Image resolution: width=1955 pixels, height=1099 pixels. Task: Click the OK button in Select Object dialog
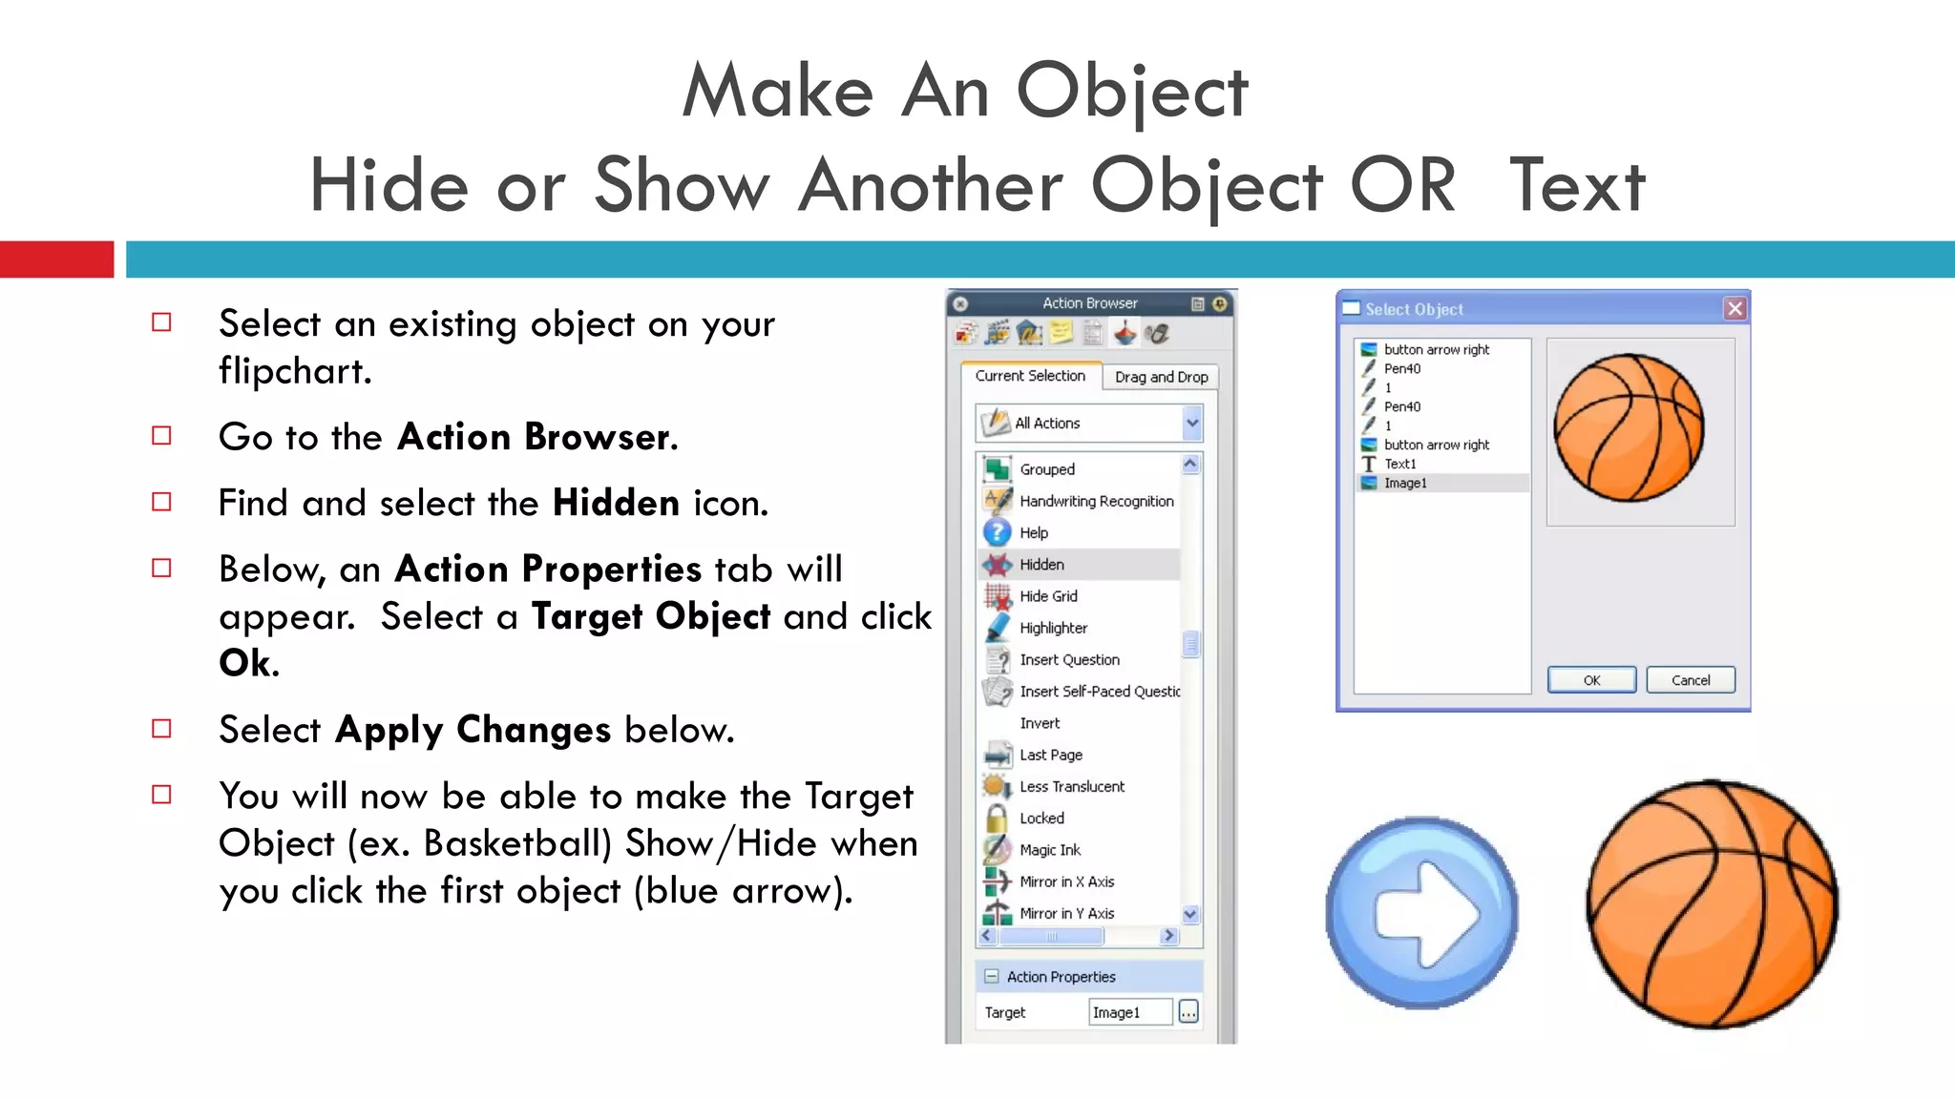[1591, 680]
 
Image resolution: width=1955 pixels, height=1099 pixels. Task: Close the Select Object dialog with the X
[1734, 308]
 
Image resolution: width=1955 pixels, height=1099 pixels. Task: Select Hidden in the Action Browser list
[1041, 565]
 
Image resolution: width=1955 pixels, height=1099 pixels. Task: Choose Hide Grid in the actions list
[1048, 596]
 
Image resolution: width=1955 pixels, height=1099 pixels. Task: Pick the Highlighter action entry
[1053, 628]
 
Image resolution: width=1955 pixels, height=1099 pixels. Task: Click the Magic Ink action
[1050, 850]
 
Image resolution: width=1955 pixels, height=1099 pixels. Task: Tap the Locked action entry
[1041, 819]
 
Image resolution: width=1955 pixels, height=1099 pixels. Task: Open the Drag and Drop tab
[1161, 377]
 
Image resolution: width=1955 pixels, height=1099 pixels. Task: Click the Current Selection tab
[1030, 376]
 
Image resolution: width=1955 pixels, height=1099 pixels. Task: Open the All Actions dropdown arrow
[1192, 423]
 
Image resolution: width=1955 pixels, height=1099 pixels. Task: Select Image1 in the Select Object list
[1405, 483]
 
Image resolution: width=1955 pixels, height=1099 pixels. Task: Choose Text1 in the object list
[1400, 464]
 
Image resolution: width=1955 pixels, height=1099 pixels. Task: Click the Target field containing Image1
[1129, 1012]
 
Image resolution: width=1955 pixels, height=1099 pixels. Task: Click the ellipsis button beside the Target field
[1188, 1012]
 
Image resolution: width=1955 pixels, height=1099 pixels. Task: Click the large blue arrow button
[1422, 913]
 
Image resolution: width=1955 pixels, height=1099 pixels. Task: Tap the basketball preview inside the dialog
[1629, 427]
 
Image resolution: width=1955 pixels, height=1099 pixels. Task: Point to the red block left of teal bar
[56, 259]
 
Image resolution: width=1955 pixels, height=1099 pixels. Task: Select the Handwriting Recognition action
[1096, 501]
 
